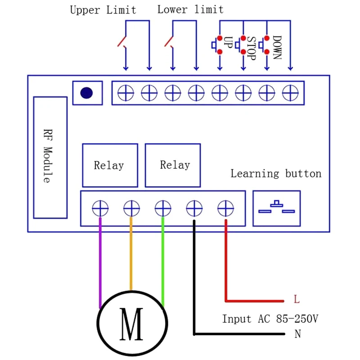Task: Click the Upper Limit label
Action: [103, 10]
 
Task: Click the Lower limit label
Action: [190, 9]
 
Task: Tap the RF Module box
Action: [50, 157]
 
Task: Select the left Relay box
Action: [110, 165]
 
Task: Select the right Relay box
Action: [173, 165]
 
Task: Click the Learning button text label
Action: [276, 174]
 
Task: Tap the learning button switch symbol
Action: [276, 208]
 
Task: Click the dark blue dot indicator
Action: [86, 93]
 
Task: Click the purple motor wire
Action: [100, 261]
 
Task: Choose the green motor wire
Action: [162, 261]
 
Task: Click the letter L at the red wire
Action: [297, 299]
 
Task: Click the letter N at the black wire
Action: [297, 334]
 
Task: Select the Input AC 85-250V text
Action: [270, 319]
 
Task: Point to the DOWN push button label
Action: [277, 48]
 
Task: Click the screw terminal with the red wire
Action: [225, 208]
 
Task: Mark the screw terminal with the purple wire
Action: [100, 208]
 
